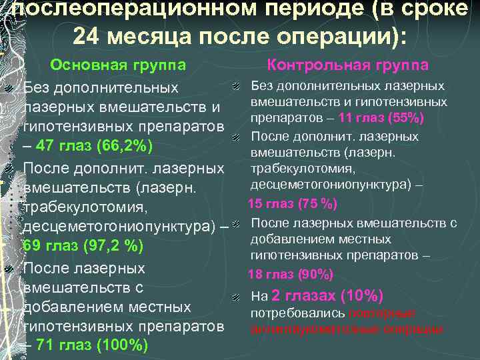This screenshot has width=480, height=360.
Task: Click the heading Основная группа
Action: (x=118, y=65)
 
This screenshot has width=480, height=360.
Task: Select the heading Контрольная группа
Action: (x=347, y=65)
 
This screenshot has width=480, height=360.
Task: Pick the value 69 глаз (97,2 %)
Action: (x=83, y=247)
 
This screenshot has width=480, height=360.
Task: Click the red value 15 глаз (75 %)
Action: (x=293, y=203)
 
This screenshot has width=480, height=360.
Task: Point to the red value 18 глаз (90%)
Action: (x=291, y=275)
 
